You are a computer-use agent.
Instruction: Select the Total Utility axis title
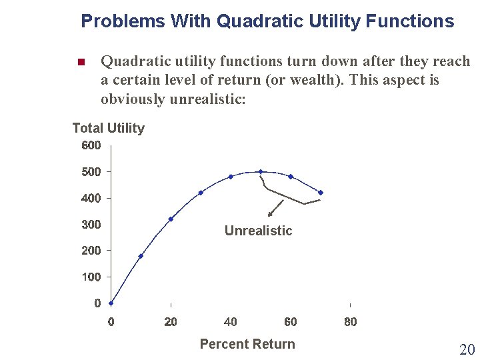108,128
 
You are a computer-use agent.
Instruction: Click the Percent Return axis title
247,344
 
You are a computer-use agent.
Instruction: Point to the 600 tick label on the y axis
91,145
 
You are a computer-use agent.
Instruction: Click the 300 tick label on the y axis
91,225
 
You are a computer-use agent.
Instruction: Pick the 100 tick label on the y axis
91,277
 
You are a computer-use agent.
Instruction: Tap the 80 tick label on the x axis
351,322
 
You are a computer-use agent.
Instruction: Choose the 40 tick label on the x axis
231,322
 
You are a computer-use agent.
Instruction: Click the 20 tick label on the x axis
171,322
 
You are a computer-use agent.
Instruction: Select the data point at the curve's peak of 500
261,172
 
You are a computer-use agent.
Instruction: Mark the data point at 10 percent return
141,256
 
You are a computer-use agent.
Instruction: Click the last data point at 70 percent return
321,193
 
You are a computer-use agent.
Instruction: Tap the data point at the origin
111,303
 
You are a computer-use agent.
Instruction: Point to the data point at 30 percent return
201,193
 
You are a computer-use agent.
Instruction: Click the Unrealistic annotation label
258,231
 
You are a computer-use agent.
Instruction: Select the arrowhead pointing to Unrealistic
270,215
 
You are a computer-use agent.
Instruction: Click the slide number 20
466,349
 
